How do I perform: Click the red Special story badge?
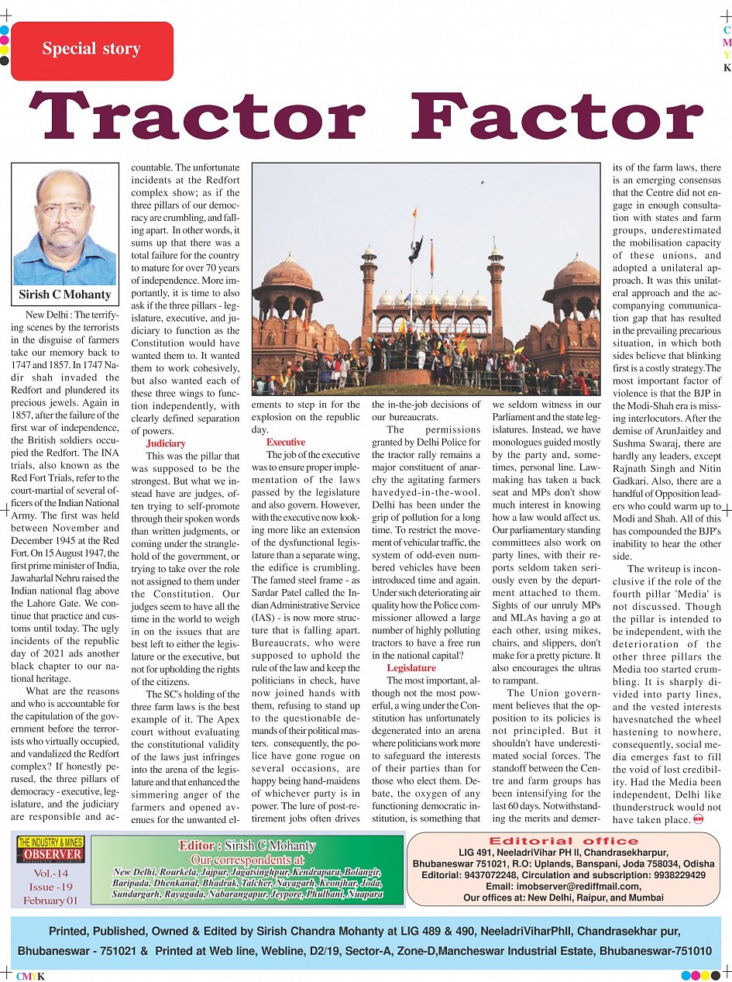[92, 50]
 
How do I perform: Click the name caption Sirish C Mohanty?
[65, 295]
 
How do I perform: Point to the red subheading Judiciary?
[166, 443]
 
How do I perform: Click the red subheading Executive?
[286, 442]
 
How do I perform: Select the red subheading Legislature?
[411, 667]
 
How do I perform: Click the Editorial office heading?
[563, 841]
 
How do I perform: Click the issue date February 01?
[50, 900]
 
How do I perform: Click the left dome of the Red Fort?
[287, 273]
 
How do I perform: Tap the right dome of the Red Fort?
[574, 273]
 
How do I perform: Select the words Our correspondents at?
[247, 860]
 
